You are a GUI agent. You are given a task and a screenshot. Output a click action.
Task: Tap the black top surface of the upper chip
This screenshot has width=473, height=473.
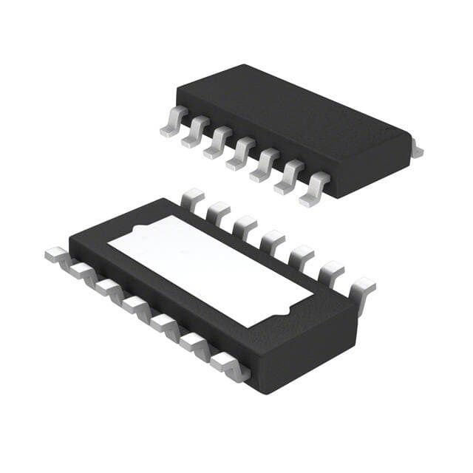coord(296,111)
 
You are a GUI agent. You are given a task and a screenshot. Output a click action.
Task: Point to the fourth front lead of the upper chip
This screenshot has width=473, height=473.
coord(241,154)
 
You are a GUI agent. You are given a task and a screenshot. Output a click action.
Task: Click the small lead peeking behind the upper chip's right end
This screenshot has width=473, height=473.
coord(417,152)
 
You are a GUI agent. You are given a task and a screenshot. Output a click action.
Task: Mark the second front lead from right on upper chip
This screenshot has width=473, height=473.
coord(290,177)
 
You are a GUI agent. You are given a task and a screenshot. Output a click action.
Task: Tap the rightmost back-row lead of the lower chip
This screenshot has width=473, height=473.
coord(361,289)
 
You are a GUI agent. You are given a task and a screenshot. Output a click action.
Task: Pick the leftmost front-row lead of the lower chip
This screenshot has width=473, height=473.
coord(58,256)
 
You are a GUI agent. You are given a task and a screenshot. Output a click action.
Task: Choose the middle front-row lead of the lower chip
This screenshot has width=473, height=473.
coord(137,304)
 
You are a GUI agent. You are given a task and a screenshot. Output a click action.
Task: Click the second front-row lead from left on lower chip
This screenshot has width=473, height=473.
coord(81,270)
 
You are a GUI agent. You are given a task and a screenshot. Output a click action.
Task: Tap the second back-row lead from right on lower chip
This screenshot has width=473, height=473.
coord(332,273)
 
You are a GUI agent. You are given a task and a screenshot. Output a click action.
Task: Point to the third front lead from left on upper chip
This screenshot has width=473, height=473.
coord(218,143)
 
